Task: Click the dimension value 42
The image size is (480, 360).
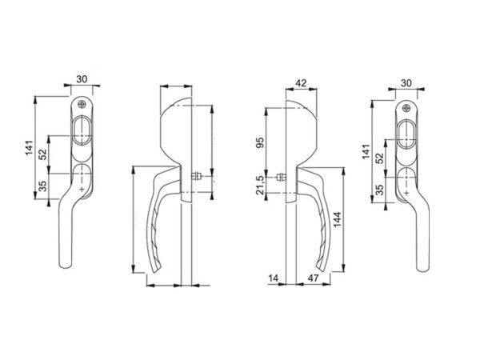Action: (300, 82)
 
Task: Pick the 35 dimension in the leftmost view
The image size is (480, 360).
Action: (42, 189)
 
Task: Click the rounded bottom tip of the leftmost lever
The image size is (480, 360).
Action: (65, 269)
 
